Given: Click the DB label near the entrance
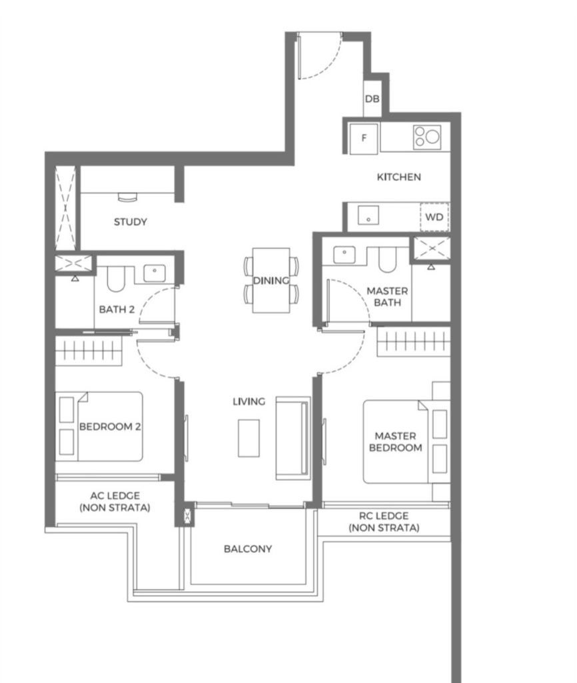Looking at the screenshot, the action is tap(372, 99).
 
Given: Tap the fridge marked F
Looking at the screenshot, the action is tap(364, 138).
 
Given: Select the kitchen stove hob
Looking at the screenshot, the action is tap(427, 136).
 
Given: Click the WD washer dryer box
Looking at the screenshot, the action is tap(434, 217).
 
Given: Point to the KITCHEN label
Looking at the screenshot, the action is tap(398, 177).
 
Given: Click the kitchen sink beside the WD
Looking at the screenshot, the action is tap(368, 215).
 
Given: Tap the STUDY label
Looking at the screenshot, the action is tap(130, 221).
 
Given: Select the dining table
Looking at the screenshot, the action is tap(271, 280).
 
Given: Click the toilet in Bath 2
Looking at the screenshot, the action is tap(116, 279).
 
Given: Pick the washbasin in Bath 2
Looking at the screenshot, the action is tap(155, 273).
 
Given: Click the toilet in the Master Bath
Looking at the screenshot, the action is tap(387, 259).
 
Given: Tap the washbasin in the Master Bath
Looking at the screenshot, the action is tap(344, 255).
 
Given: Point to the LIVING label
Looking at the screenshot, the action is tap(249, 401).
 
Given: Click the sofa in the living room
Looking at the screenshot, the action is tap(293, 438).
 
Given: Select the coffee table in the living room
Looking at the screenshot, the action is tap(249, 438).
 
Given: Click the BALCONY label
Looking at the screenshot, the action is tap(248, 549).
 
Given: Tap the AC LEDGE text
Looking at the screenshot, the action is tap(115, 496).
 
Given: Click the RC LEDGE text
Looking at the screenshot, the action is tap(383, 516).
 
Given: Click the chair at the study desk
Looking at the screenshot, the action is tap(127, 197).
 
